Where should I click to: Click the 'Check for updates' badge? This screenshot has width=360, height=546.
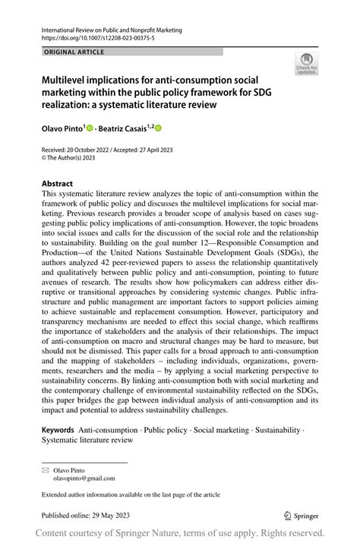click(306, 63)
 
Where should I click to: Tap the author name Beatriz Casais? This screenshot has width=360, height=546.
click(128, 129)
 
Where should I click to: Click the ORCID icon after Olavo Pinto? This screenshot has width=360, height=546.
click(90, 129)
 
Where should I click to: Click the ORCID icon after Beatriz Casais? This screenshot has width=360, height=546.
click(159, 129)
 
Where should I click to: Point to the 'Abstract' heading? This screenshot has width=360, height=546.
click(58, 184)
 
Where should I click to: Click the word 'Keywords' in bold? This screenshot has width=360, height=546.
click(58, 430)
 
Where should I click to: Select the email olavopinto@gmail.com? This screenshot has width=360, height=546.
click(84, 478)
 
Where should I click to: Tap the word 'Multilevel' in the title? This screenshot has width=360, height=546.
click(68, 80)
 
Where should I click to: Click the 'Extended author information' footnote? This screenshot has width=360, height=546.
click(131, 494)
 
